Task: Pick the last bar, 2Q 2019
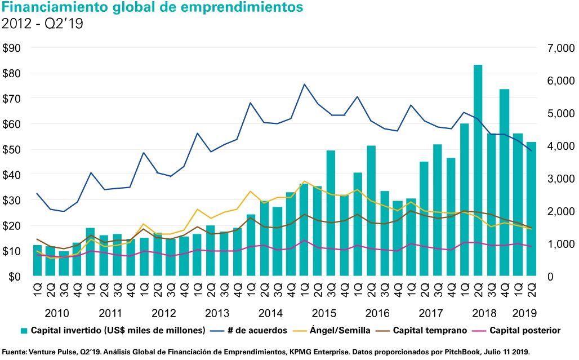click(x=531, y=208)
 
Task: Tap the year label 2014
click(x=271, y=313)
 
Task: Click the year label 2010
click(x=56, y=313)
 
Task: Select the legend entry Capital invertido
click(x=113, y=330)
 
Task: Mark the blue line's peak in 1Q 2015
click(x=305, y=85)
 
